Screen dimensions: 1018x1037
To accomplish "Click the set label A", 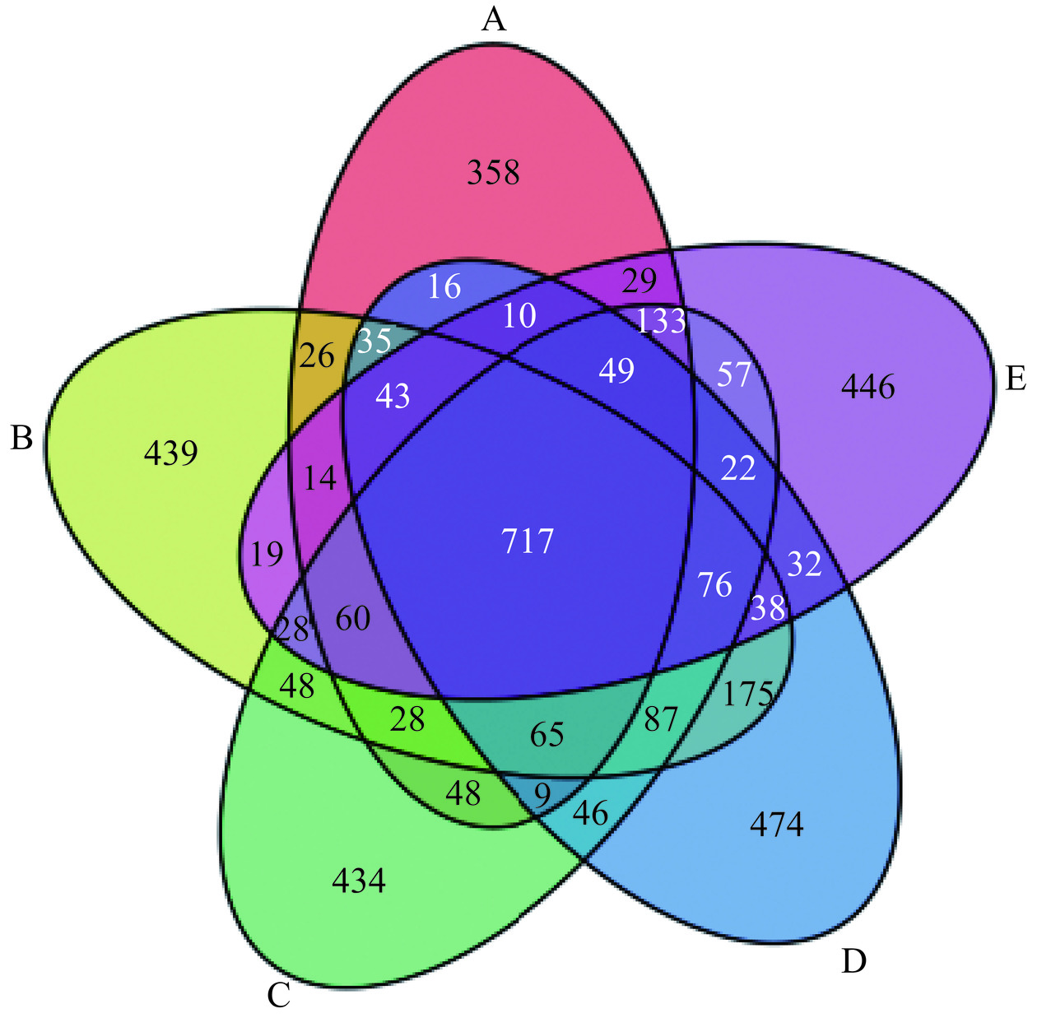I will point(493,18).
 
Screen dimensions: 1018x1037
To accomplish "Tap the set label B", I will point(21,438).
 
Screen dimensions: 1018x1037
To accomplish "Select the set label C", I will point(279,996).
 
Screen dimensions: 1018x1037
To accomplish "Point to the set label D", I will point(853,960).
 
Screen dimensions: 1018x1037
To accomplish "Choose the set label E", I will point(1015,379).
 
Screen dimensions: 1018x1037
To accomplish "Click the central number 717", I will point(528,542).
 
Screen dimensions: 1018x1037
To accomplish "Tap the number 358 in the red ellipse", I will point(493,173).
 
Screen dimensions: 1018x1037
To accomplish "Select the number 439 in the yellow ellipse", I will point(171,453).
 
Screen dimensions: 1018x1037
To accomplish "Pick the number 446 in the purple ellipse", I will point(867,386).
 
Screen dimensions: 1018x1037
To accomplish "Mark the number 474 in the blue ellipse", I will point(776,824).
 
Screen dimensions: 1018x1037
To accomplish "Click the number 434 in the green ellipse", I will point(359,881).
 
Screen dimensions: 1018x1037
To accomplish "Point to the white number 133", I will point(661,321).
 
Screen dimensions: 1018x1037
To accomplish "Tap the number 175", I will point(747,695).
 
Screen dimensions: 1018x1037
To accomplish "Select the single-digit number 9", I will point(541,796).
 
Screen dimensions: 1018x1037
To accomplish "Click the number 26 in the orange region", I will point(317,356).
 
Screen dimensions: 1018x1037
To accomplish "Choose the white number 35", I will point(374,341).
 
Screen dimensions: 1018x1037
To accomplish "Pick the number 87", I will point(661,719).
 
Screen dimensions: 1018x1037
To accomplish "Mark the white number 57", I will point(733,374).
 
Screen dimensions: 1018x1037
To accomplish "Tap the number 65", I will point(546,734).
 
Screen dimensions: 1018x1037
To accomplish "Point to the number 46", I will point(590,814).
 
